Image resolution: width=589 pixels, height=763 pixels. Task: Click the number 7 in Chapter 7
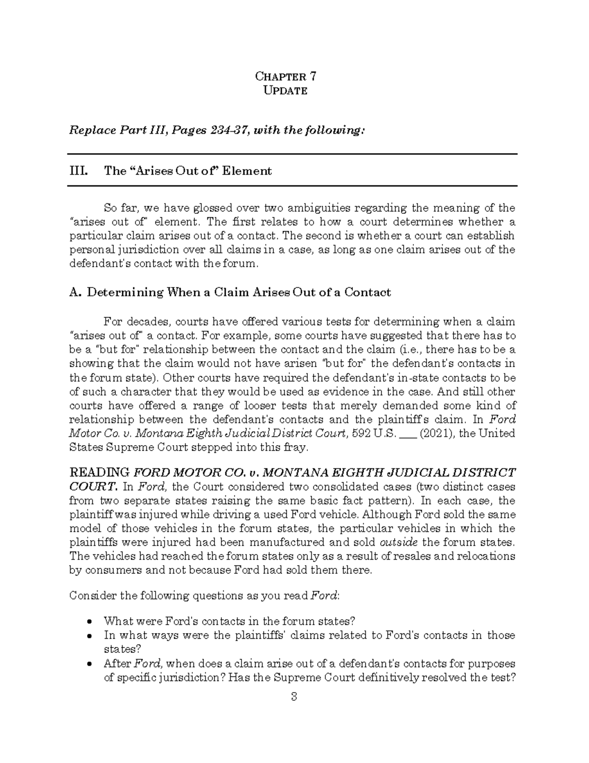pyautogui.click(x=313, y=76)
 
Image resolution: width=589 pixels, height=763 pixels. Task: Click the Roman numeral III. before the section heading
pyautogui.click(x=79, y=171)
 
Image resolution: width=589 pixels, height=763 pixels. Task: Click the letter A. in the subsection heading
pyautogui.click(x=75, y=292)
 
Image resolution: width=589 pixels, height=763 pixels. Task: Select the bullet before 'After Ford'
pyautogui.click(x=89, y=664)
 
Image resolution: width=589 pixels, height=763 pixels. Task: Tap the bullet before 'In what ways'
pyautogui.click(x=89, y=636)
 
